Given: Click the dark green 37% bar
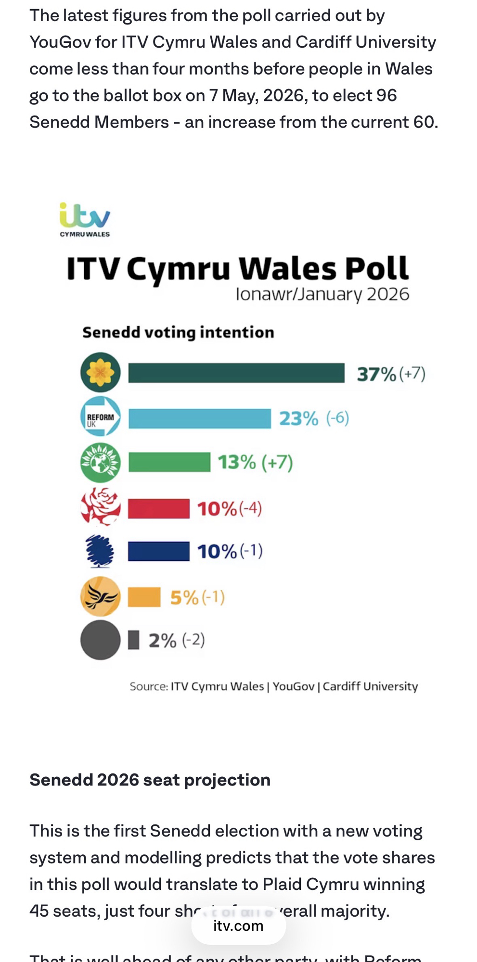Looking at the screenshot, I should click(x=236, y=373).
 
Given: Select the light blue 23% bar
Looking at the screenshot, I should click(x=199, y=418).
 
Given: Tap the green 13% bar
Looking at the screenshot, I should click(x=169, y=462).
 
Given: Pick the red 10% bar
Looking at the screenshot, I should click(x=158, y=508).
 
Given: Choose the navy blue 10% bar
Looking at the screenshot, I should click(x=158, y=551).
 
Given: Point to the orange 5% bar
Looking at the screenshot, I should click(x=144, y=597).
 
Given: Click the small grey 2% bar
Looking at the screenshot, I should click(x=133, y=640).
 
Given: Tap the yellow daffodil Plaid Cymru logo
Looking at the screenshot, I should click(x=100, y=372).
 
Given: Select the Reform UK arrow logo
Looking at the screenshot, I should click(x=100, y=417).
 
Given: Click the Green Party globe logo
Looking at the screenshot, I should click(x=100, y=462).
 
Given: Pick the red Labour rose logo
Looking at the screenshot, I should click(x=100, y=506).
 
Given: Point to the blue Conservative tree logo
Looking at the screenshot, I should click(x=100, y=551).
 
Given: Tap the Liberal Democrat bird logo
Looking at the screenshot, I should click(x=100, y=596).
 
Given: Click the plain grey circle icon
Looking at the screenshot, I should click(x=100, y=640).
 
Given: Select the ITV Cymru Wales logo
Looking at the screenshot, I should click(x=85, y=220).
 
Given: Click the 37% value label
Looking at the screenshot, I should click(x=376, y=374).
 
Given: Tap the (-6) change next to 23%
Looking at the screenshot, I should click(x=337, y=418).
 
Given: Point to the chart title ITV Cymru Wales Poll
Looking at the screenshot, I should click(x=237, y=268).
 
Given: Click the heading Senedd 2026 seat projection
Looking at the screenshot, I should click(x=150, y=780).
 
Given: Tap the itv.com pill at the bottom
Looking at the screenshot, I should click(x=238, y=926).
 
